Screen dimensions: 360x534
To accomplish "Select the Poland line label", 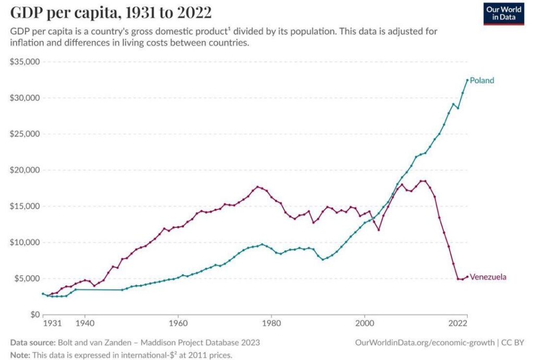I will [481, 80].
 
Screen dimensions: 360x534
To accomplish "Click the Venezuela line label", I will [488, 277].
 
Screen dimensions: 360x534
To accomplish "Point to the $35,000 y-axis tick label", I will [26, 62].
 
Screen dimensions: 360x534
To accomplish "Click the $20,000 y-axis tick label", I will [26, 170].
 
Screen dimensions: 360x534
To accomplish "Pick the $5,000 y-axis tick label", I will [27, 279].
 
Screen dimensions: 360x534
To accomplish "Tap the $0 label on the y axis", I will [34, 315].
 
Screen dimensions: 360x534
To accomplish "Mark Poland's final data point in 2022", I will [467, 80].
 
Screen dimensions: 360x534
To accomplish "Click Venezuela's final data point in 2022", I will [467, 277].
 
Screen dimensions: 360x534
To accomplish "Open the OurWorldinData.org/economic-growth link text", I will [424, 343].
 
